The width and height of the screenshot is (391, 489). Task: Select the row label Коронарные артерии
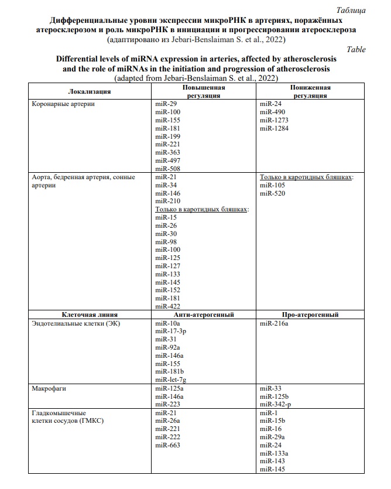[x=64, y=104]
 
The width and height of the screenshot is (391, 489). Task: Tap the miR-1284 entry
[x=274, y=128]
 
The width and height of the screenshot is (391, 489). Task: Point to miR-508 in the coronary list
[x=167, y=168]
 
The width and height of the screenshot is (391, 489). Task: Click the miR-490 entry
[x=272, y=112]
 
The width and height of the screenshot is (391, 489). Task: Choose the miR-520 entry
[x=272, y=193]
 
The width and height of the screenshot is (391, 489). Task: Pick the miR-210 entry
[x=167, y=201]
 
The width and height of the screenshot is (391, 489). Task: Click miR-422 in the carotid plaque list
[x=167, y=305]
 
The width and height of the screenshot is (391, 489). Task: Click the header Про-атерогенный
[x=310, y=314]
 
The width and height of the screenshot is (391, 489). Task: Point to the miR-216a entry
[x=274, y=323]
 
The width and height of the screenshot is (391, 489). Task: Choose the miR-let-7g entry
[x=172, y=379]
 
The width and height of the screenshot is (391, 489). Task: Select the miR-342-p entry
[x=276, y=404]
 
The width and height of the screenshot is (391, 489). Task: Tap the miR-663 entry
[x=167, y=445]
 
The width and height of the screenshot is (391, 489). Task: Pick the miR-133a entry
[x=274, y=453]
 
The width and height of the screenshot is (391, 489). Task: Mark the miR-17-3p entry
[x=172, y=331]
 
